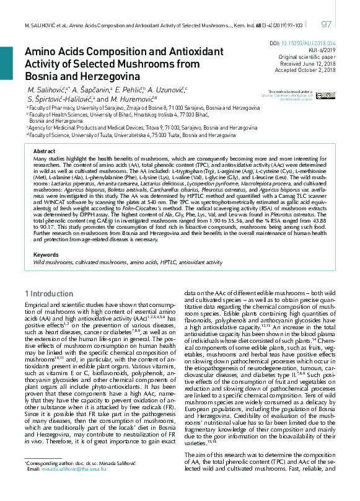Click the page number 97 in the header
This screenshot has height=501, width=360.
click(327, 24)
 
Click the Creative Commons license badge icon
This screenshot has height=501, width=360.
click(322, 96)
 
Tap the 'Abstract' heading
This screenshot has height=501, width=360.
click(44, 151)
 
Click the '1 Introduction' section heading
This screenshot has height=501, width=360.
click(49, 293)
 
